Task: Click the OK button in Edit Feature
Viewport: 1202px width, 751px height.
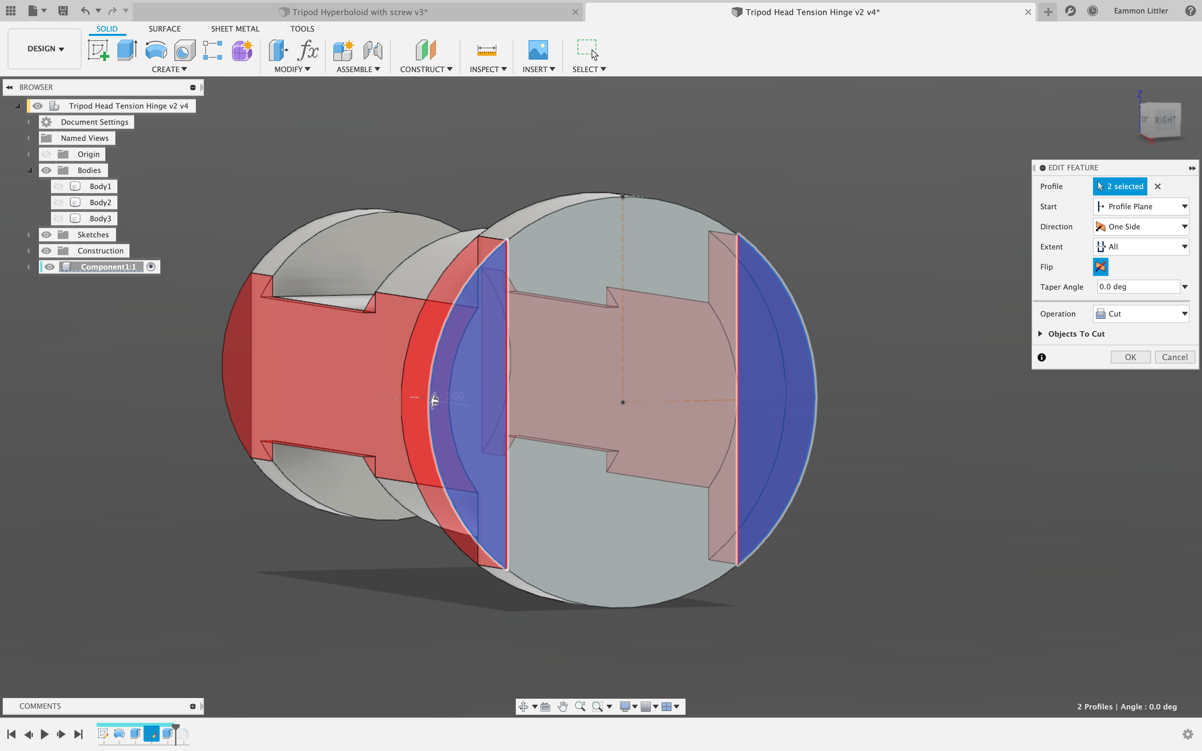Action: [x=1130, y=357]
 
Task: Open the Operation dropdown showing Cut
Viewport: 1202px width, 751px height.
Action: [x=1141, y=314]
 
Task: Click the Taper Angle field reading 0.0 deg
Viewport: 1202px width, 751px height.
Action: [x=1137, y=287]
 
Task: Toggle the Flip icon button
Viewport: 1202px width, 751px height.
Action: [x=1100, y=267]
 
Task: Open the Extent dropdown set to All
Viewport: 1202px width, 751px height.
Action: [x=1141, y=247]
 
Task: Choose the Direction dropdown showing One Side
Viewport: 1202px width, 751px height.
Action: [x=1141, y=227]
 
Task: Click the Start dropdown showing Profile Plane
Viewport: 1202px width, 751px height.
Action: [x=1141, y=207]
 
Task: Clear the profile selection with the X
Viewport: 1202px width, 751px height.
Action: [x=1158, y=187]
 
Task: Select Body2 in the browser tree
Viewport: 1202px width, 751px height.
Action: [x=100, y=203]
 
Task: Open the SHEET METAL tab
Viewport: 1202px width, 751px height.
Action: [x=235, y=29]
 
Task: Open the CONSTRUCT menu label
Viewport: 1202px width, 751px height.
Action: [x=426, y=69]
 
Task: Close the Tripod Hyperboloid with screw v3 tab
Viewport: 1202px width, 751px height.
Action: [x=575, y=12]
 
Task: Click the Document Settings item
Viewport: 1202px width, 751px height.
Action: [x=94, y=122]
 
